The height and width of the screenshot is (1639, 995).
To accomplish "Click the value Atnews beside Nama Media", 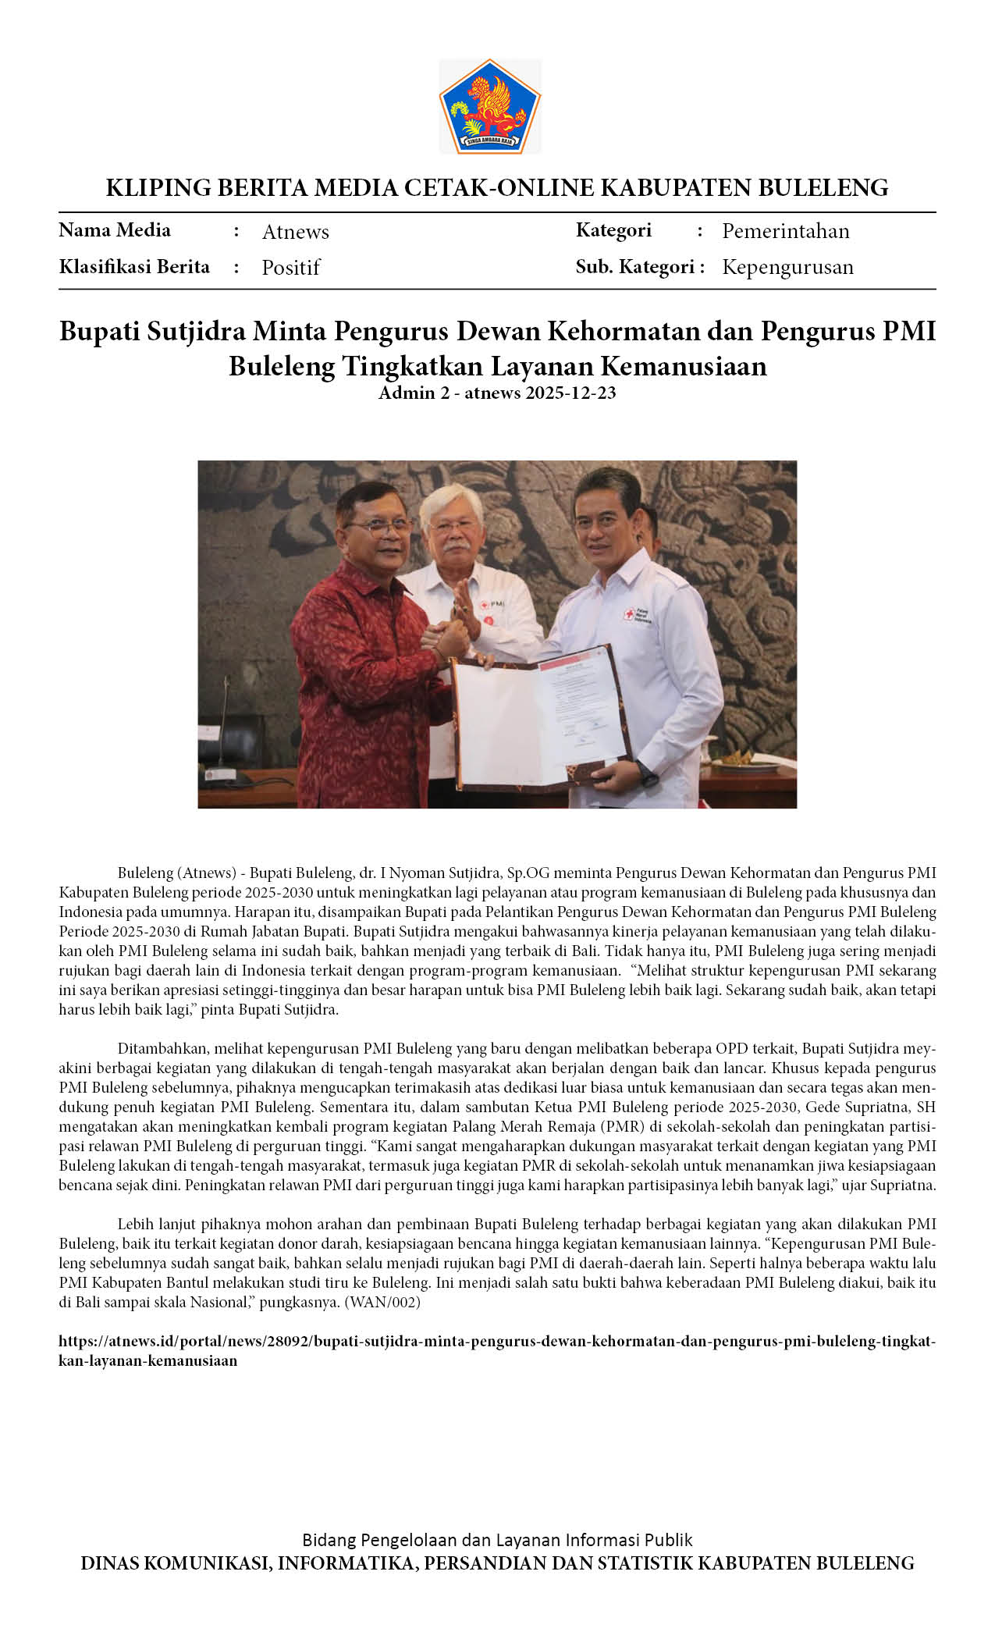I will click(295, 232).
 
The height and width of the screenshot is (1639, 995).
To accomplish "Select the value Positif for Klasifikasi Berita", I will click(290, 268).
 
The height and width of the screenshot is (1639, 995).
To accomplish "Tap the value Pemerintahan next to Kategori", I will click(785, 231).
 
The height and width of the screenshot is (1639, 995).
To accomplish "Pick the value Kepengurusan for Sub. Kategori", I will click(787, 267).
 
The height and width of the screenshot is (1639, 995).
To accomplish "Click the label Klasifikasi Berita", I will click(134, 267).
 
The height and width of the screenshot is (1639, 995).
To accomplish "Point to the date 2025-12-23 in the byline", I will click(570, 393).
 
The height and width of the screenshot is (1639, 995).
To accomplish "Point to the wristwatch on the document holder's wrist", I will click(648, 775).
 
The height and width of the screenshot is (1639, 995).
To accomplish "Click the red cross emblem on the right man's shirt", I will click(628, 615).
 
